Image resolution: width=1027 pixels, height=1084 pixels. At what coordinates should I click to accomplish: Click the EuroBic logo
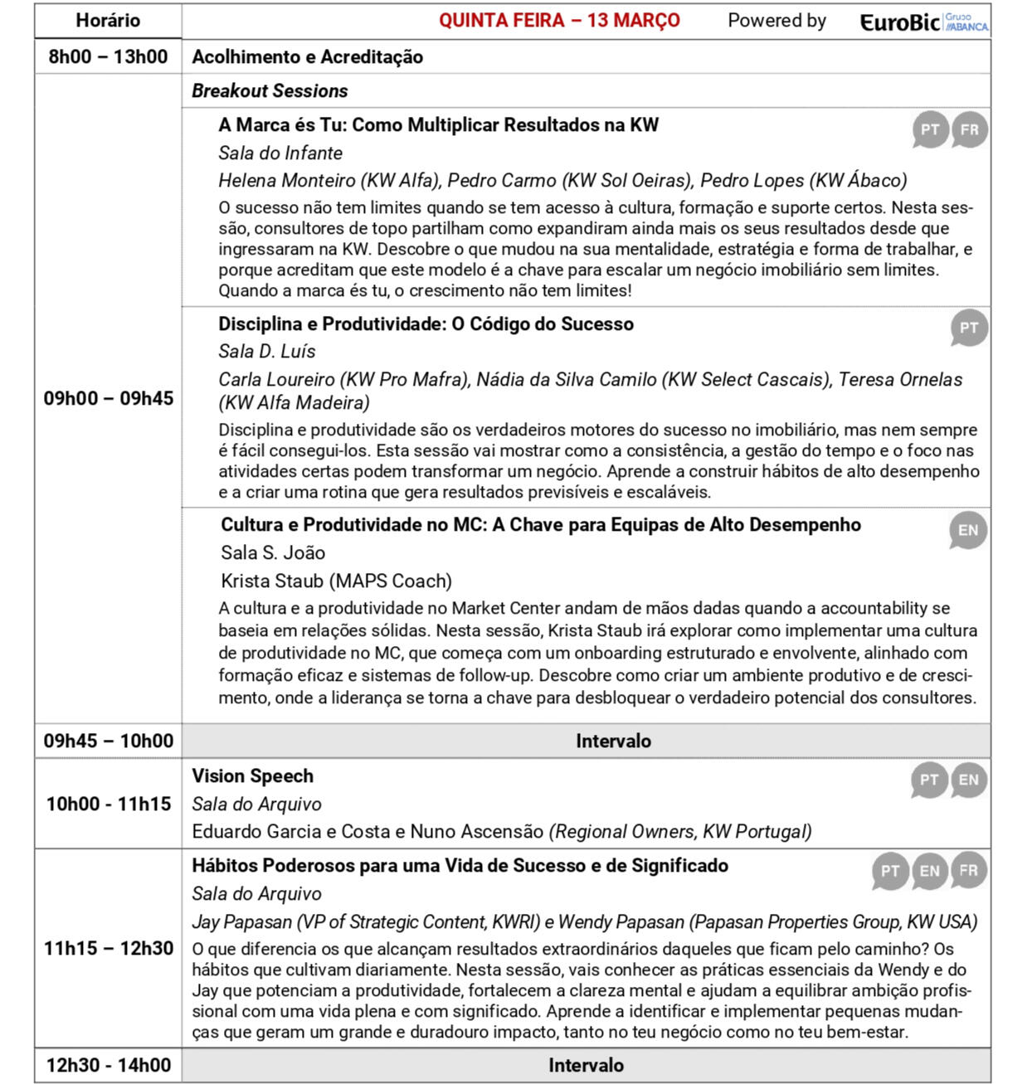pyautogui.click(x=923, y=22)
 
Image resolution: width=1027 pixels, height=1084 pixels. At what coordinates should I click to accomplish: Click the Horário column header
pyautogui.click(x=108, y=21)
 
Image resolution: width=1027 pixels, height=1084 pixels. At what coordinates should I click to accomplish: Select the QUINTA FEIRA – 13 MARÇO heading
pyautogui.click(x=559, y=21)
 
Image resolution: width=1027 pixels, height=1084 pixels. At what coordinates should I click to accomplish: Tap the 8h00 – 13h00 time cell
pyautogui.click(x=108, y=57)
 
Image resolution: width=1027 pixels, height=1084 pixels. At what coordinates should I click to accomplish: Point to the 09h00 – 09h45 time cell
pyautogui.click(x=109, y=398)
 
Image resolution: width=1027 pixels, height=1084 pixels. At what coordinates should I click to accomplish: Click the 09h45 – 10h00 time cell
pyautogui.click(x=109, y=741)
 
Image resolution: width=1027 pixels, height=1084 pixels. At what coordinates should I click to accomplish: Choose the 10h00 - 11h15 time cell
pyautogui.click(x=109, y=804)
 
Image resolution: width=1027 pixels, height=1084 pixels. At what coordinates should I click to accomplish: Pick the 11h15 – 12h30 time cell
pyautogui.click(x=109, y=948)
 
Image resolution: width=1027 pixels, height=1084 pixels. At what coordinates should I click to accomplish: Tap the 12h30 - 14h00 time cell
pyautogui.click(x=109, y=1065)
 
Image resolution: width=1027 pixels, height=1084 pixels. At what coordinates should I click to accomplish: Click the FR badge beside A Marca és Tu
pyautogui.click(x=969, y=130)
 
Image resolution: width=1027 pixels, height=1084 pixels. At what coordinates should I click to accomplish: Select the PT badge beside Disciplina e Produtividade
pyautogui.click(x=968, y=328)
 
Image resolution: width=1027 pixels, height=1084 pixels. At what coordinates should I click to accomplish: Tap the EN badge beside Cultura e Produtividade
pyautogui.click(x=968, y=531)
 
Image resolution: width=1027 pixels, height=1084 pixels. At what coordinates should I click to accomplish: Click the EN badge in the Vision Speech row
pyautogui.click(x=968, y=780)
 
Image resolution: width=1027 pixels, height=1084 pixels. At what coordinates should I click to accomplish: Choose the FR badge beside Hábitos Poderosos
pyautogui.click(x=969, y=871)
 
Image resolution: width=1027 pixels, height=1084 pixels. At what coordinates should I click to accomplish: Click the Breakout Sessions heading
pyautogui.click(x=270, y=91)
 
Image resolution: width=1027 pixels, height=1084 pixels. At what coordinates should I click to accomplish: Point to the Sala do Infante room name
pyautogui.click(x=280, y=153)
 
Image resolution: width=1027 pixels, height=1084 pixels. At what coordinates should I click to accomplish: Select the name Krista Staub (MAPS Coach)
pyautogui.click(x=336, y=581)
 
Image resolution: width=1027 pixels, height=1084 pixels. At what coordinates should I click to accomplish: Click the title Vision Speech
pyautogui.click(x=253, y=776)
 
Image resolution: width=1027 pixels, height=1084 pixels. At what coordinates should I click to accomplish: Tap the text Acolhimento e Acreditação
pyautogui.click(x=308, y=57)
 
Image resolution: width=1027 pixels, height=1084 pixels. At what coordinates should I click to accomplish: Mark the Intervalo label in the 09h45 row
pyautogui.click(x=613, y=741)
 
